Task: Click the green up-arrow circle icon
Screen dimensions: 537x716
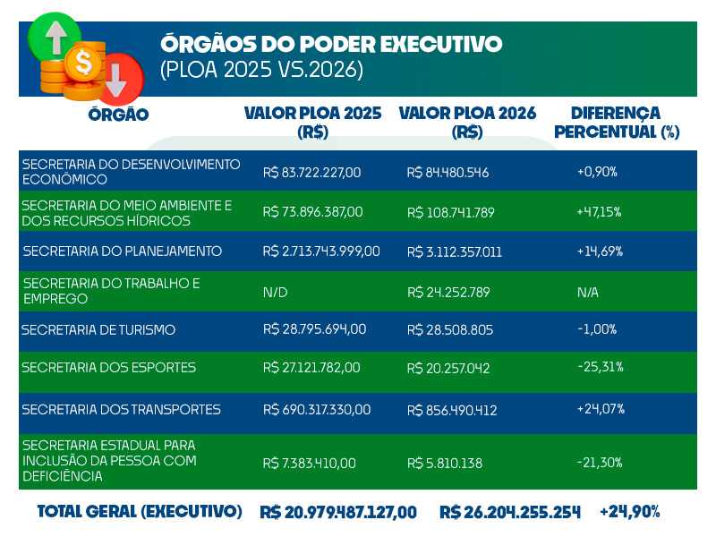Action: point(55,37)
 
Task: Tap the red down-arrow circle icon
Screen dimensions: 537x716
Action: point(118,77)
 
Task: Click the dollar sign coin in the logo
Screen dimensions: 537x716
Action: point(85,64)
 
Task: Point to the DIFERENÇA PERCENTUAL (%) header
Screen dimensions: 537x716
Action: point(617,123)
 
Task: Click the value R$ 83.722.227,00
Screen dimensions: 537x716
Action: point(311,172)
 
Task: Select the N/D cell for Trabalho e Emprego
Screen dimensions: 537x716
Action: point(275,292)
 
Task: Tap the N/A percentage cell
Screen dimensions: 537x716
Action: point(589,292)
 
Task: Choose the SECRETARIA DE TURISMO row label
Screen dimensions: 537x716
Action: point(98,329)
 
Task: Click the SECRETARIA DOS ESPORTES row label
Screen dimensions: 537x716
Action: point(108,368)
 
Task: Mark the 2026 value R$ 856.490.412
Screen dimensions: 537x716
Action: point(452,411)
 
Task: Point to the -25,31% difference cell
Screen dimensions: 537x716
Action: point(601,367)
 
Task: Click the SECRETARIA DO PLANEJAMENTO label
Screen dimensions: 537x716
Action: point(123,251)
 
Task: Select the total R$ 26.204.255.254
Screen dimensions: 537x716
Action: point(510,512)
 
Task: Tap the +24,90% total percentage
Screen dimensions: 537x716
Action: point(630,512)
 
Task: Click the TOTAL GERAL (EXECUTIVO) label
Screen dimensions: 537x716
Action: point(140,511)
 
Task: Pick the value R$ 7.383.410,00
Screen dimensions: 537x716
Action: point(310,464)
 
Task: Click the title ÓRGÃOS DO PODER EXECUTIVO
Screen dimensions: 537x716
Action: point(331,44)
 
